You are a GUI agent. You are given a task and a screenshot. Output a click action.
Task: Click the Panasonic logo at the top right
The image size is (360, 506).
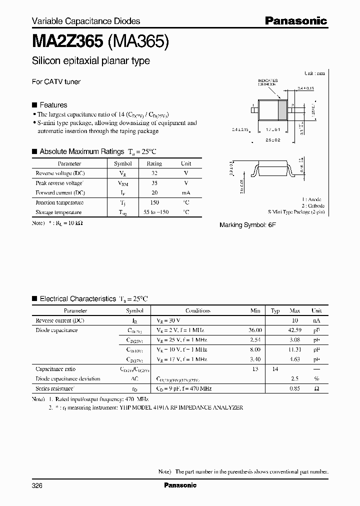coord(295,21)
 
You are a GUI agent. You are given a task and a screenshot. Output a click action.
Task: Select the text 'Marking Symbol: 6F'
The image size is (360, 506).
coord(247,225)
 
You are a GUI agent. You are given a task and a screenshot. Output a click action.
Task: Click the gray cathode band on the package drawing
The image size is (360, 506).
coord(282,109)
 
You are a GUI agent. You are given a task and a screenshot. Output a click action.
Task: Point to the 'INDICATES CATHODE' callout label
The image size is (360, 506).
coord(267,82)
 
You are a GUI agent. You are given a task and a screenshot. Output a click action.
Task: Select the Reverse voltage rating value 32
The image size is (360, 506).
coord(154,173)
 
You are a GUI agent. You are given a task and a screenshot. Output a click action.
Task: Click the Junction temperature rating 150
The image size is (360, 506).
coord(154,202)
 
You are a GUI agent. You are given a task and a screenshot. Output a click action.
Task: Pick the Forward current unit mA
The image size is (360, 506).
coord(185,192)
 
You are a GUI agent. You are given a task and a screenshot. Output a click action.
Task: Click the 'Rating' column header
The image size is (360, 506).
coord(154,163)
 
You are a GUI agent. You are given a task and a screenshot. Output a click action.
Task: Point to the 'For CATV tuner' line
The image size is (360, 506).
coord(56,81)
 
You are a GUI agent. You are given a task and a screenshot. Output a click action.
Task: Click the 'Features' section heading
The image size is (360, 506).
coord(53,105)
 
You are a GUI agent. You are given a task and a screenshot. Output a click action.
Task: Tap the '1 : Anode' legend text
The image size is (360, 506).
coord(312,199)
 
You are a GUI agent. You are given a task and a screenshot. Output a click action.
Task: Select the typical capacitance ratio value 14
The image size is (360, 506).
coord(275,369)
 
